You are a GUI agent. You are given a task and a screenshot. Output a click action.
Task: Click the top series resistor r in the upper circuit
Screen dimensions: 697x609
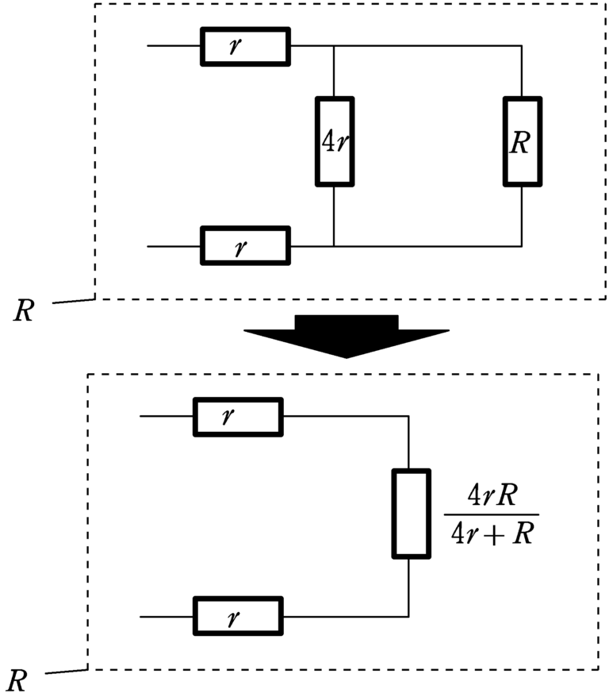(245, 46)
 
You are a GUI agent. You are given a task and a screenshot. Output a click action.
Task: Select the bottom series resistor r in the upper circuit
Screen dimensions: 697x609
(245, 246)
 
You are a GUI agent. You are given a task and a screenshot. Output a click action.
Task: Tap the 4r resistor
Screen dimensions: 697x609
(335, 142)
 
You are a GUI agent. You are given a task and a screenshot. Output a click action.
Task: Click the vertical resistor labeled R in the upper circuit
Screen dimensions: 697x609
(523, 142)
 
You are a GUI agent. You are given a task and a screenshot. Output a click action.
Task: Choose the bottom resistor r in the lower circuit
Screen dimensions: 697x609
(237, 616)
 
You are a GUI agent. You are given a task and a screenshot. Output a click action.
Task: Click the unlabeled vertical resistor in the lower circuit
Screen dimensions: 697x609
(411, 514)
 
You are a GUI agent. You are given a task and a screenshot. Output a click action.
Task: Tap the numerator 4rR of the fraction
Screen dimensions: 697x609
(491, 499)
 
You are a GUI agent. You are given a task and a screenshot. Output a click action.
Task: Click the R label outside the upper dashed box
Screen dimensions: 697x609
(24, 310)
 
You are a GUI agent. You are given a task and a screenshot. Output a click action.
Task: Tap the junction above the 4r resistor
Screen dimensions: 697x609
(335, 46)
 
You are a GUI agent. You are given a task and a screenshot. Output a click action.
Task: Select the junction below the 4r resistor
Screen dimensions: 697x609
(335, 246)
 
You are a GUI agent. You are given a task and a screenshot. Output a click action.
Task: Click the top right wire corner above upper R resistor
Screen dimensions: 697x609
(523, 46)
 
